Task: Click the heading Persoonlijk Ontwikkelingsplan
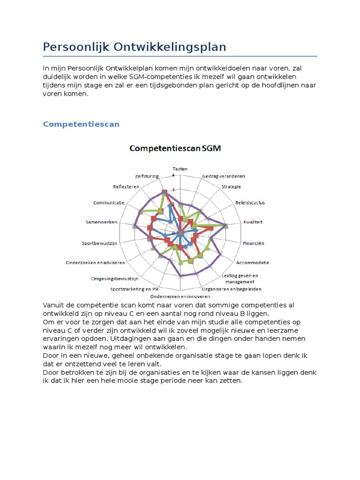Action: pos(135,47)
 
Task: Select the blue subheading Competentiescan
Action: pos(81,124)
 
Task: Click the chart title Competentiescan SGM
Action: pos(175,149)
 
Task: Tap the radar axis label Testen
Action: pos(180,169)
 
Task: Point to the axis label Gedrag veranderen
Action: pos(223,176)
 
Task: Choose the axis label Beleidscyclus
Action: pos(249,202)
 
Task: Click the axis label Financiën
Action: pos(254,243)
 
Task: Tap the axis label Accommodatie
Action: pos(252,262)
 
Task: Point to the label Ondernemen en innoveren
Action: pos(180,296)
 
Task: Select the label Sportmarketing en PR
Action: pos(134,289)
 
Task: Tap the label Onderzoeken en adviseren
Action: pos(95,262)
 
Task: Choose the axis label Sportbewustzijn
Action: pos(99,243)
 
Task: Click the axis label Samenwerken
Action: pos(102,222)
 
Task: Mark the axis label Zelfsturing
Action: pos(147,176)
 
